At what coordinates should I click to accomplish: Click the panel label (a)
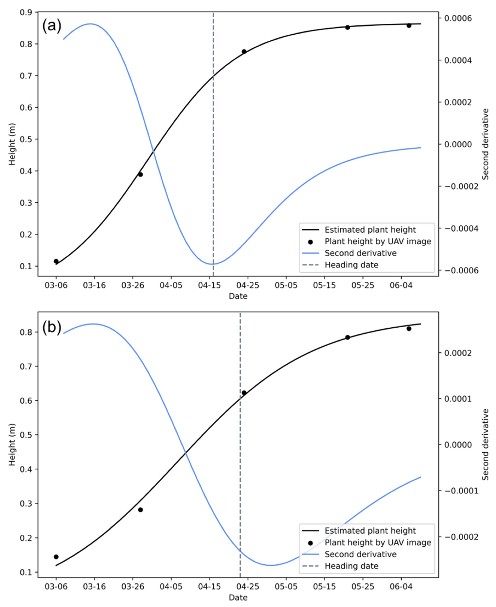click(52, 26)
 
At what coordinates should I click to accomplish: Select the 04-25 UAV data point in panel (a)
click(244, 52)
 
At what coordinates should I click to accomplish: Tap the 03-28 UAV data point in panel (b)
click(140, 510)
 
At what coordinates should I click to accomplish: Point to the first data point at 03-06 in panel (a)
click(56, 261)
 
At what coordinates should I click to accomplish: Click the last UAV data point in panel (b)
click(409, 329)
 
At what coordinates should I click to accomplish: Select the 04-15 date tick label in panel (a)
click(209, 285)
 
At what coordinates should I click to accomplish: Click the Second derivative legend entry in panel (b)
click(360, 554)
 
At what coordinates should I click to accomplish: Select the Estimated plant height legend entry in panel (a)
click(370, 230)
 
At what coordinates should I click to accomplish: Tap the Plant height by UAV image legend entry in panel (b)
click(378, 543)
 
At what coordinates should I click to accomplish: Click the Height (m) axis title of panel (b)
click(12, 445)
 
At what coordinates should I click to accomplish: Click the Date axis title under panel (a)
click(238, 296)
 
